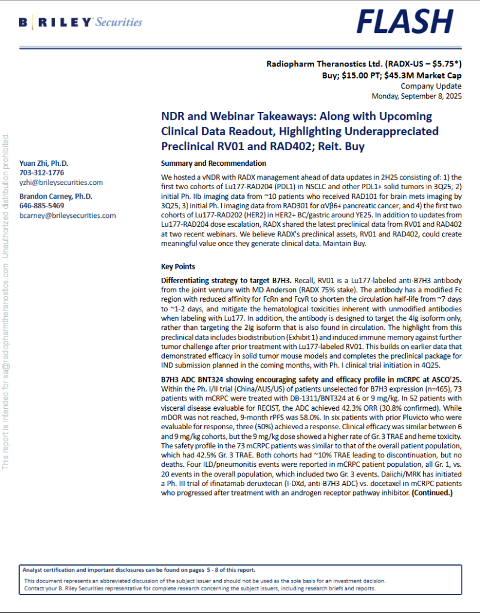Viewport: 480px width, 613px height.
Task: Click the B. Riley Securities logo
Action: point(80,23)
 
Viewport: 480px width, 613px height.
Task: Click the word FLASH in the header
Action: point(406,22)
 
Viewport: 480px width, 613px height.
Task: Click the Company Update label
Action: point(431,86)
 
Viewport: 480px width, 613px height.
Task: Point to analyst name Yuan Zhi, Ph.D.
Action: point(44,163)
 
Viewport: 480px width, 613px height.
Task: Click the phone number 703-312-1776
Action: point(41,172)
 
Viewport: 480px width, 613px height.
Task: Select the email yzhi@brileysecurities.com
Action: point(61,182)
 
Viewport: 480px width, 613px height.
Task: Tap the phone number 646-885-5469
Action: point(42,205)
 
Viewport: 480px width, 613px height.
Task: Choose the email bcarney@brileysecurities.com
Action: point(68,215)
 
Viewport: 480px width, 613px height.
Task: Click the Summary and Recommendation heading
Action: point(214,163)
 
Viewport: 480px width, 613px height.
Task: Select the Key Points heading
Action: point(178,266)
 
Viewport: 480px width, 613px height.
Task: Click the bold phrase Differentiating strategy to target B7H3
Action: point(226,280)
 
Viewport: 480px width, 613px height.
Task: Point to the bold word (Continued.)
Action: point(431,493)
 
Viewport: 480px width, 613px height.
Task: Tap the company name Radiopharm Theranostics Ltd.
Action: point(317,63)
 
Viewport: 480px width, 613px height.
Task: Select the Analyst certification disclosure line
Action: point(139,570)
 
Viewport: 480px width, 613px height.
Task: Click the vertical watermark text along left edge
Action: point(6,311)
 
